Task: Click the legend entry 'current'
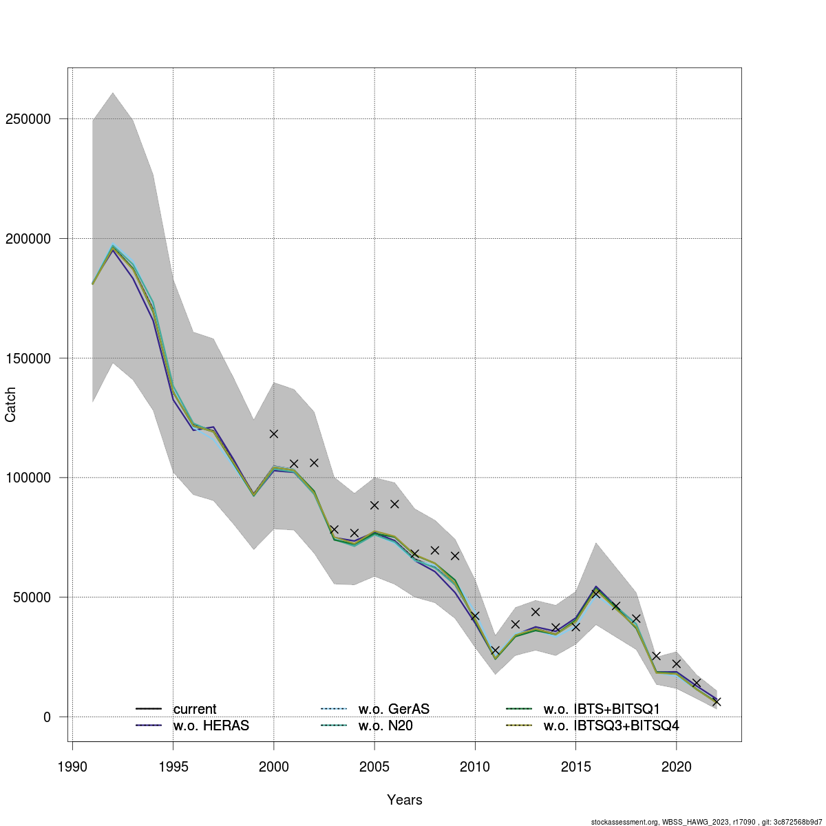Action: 195,709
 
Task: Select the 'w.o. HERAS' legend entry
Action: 211,726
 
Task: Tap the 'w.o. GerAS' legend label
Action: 394,709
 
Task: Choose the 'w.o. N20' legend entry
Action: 385,726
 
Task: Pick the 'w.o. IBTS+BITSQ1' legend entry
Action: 602,709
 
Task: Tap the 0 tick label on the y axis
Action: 47,717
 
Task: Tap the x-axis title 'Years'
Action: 405,800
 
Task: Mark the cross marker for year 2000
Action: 274,434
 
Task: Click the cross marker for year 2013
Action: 536,612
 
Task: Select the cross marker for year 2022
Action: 717,701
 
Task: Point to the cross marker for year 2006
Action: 394,504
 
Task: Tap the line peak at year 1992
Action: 113,247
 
